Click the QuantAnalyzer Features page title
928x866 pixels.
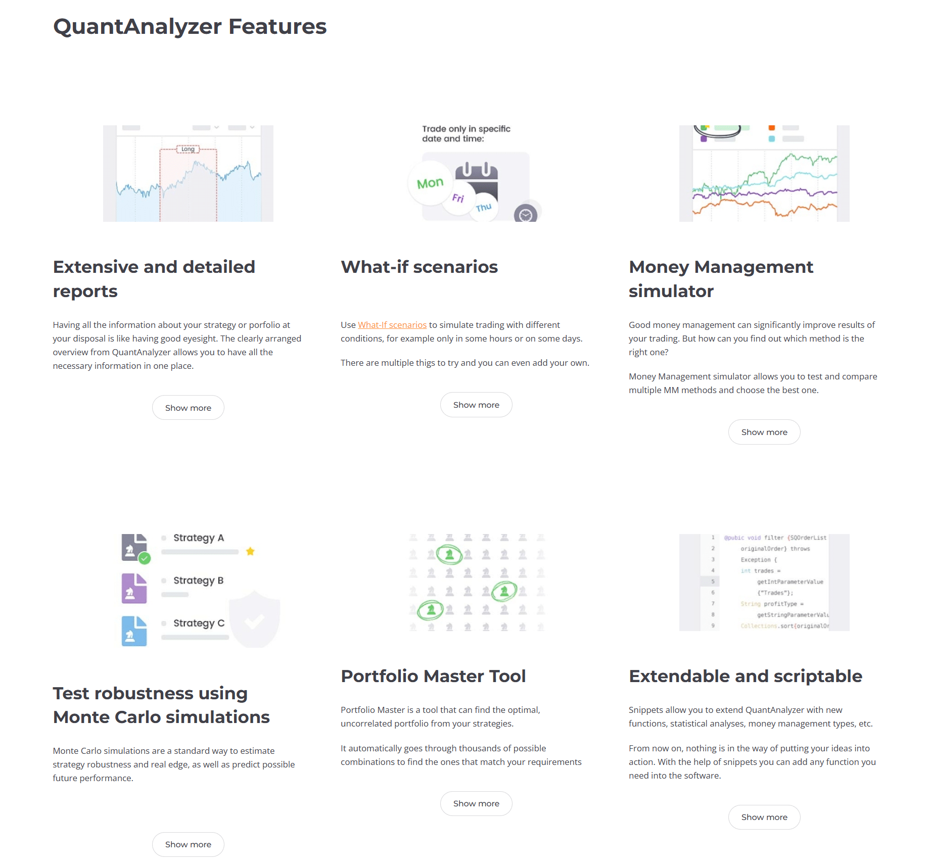tap(190, 27)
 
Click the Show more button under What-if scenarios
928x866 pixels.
tap(476, 405)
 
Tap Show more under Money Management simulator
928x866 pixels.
tap(764, 432)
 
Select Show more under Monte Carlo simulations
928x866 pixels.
tap(188, 844)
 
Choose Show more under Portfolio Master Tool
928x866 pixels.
tap(476, 803)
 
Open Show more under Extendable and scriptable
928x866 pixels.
tap(764, 817)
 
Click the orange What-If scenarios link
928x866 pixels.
tap(392, 325)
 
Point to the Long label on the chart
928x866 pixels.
tap(188, 149)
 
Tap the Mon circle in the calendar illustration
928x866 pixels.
tap(430, 183)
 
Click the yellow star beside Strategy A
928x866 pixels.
tap(250, 551)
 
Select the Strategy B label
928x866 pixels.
tap(198, 581)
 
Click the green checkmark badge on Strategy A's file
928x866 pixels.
tap(145, 558)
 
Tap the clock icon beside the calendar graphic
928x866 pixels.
tap(526, 215)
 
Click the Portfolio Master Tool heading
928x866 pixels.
tap(433, 676)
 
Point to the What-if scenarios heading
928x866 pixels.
tap(419, 267)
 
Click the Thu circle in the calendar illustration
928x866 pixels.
tap(484, 207)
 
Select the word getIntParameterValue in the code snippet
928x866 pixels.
tap(790, 582)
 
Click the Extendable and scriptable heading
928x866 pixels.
tap(745, 676)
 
